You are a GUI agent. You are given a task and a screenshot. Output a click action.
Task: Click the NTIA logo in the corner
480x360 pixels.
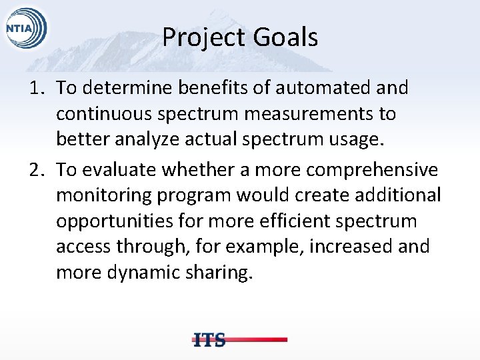tap(26, 29)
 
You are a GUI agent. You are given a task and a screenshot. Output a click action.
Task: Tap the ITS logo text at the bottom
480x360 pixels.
tap(209, 339)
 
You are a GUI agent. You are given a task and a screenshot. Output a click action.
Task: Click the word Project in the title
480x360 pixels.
tap(201, 37)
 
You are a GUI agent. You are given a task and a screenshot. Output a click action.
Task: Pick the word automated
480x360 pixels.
tap(312, 87)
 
